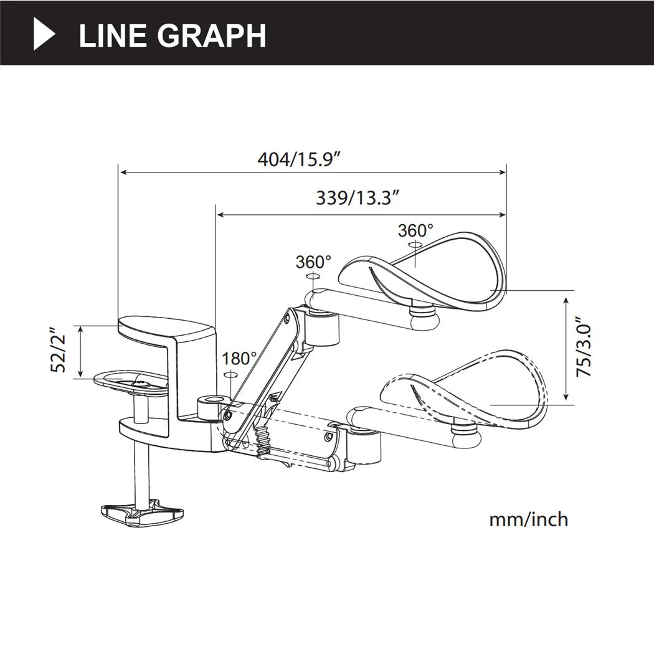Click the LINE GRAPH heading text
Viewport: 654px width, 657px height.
pyautogui.click(x=173, y=35)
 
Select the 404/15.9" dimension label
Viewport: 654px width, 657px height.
pyautogui.click(x=300, y=159)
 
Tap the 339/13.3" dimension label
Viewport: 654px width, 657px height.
pyautogui.click(x=357, y=199)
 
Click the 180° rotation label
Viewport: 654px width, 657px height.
pyautogui.click(x=240, y=359)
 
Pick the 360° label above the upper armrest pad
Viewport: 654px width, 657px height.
pyautogui.click(x=415, y=231)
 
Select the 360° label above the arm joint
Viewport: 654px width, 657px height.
pyautogui.click(x=313, y=262)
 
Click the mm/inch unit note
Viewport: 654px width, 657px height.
pyautogui.click(x=528, y=519)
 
